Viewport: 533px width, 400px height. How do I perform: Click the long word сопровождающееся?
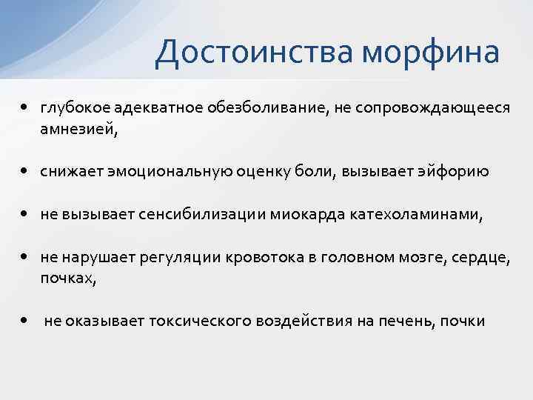[432, 109]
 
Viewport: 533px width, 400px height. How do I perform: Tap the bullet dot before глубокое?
[25, 108]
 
